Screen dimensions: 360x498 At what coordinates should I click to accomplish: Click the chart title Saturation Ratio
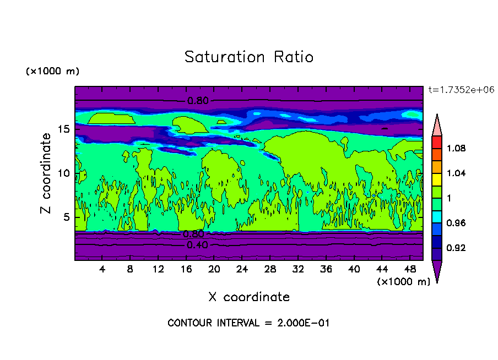(248, 57)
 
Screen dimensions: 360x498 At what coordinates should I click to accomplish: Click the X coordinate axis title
(249, 297)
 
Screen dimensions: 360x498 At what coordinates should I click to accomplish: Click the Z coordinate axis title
(46, 173)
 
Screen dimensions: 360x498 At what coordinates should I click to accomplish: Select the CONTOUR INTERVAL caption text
(248, 323)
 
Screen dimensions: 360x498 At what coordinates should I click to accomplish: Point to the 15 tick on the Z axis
(67, 129)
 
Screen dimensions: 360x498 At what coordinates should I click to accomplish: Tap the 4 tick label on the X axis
(102, 269)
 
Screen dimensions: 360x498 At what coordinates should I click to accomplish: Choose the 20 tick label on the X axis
(214, 269)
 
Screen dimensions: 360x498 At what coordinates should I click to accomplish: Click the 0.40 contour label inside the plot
(197, 245)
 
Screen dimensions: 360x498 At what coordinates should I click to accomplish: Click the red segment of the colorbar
(436, 142)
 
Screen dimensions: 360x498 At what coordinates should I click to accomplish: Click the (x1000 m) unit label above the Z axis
(52, 72)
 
